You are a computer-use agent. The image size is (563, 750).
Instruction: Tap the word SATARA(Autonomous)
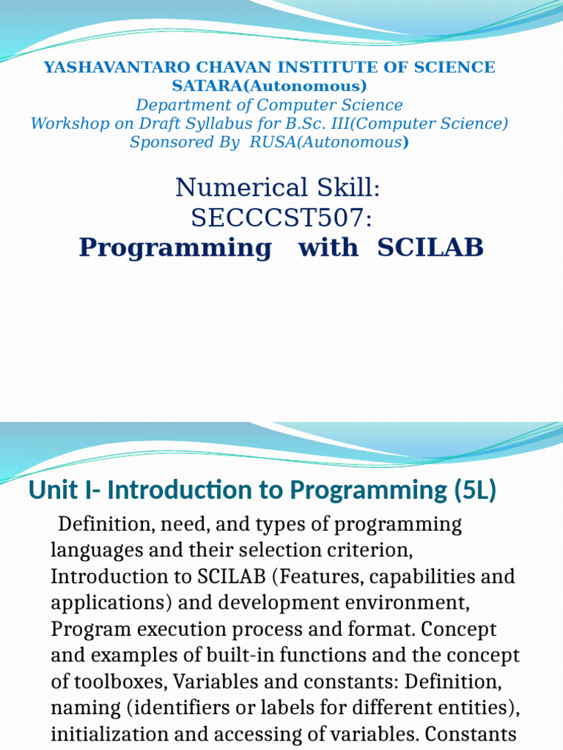[x=269, y=86]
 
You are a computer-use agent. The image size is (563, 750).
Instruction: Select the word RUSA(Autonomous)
[x=329, y=142]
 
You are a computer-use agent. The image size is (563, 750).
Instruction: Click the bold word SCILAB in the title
[x=430, y=248]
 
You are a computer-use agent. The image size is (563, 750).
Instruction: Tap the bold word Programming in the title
[x=175, y=248]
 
